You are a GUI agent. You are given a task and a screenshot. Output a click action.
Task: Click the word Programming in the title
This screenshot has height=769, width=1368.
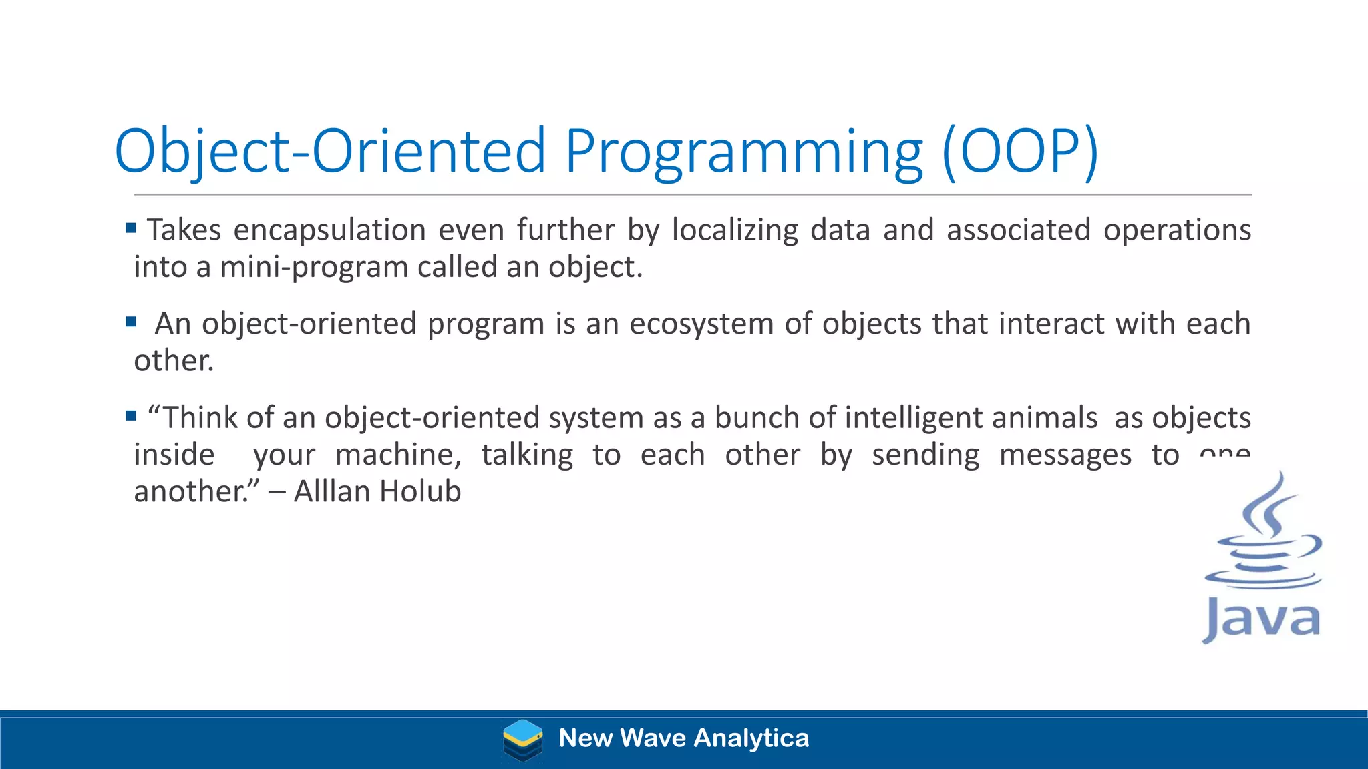click(x=745, y=152)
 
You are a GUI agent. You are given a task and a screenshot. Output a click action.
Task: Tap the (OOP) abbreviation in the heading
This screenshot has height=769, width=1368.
click(x=1020, y=152)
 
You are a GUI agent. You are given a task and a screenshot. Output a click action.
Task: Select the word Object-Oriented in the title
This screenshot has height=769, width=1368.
click(x=331, y=152)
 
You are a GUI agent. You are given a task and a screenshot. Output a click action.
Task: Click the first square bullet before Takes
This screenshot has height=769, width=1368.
click(x=131, y=229)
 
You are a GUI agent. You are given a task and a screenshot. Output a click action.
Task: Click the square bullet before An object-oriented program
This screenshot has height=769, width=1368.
click(x=131, y=322)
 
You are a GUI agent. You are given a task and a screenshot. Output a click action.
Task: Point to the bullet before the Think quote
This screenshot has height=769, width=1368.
click(x=131, y=417)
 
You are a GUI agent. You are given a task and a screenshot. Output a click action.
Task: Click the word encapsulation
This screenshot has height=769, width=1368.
click(x=329, y=230)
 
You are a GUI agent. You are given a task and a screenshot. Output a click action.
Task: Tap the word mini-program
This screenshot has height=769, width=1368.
click(x=314, y=267)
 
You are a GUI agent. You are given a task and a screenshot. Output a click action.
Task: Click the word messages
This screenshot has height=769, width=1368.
click(x=1065, y=455)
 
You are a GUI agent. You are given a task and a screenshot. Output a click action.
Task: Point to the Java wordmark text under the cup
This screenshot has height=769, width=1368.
click(x=1261, y=619)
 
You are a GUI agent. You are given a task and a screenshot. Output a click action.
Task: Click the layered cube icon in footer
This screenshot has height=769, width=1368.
click(x=522, y=740)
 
